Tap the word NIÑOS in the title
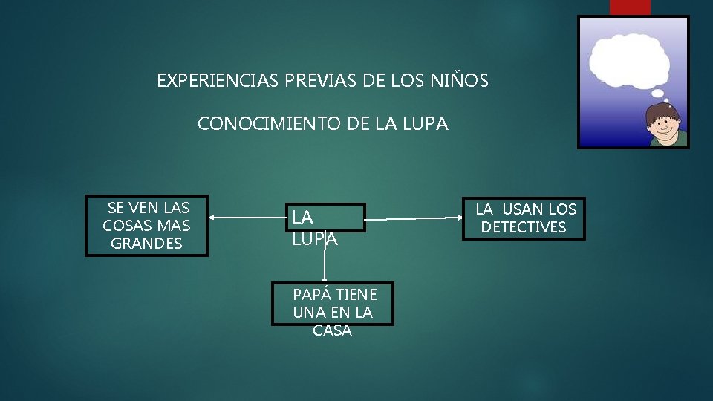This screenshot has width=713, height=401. pyautogui.click(x=459, y=81)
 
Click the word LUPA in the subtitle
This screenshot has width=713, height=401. pyautogui.click(x=425, y=124)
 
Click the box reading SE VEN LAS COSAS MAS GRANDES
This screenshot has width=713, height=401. pyautogui.click(x=146, y=225)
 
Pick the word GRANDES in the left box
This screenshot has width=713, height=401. pyautogui.click(x=146, y=244)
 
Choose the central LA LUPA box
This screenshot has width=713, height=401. pyautogui.click(x=325, y=218)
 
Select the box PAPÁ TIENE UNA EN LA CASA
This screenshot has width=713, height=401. pyautogui.click(x=333, y=304)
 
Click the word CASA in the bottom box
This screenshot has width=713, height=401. pyautogui.click(x=332, y=330)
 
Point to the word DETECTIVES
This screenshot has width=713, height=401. pyautogui.click(x=524, y=227)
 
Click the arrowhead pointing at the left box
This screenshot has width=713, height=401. pyautogui.click(x=212, y=218)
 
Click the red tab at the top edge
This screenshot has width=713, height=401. pyautogui.click(x=630, y=7)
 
